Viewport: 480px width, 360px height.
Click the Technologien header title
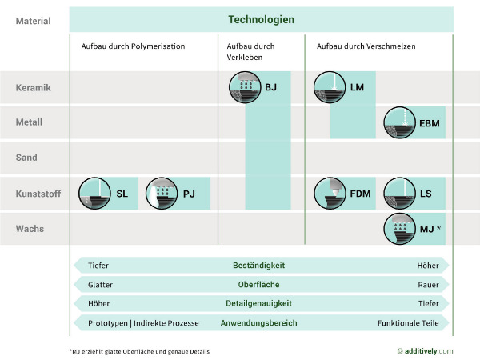click(261, 19)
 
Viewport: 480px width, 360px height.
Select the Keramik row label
click(34, 87)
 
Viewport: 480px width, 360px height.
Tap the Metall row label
click(30, 122)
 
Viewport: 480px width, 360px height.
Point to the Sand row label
click(27, 158)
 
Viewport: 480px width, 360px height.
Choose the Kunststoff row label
click(38, 194)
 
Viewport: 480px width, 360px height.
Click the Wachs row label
click(30, 229)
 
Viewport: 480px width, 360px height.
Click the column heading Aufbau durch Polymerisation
click(133, 46)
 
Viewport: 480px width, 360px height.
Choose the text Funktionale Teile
click(408, 323)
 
